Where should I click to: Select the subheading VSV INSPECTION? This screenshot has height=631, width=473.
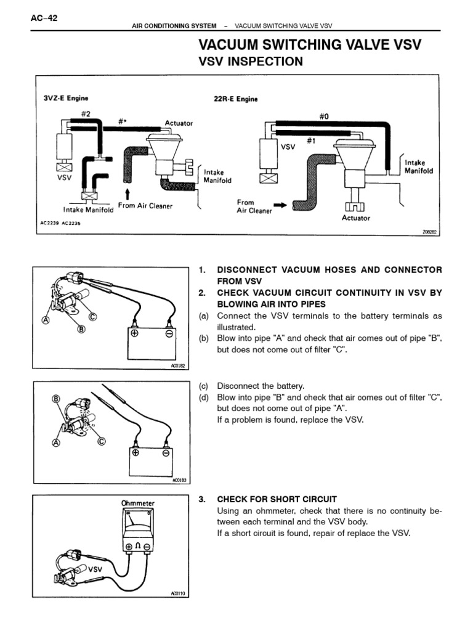249,61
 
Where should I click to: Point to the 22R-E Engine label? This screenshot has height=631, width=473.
236,98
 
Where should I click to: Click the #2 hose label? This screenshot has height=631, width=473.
86,113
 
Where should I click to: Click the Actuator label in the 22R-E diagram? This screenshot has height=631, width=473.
356,218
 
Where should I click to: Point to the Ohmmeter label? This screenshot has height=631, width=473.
138,503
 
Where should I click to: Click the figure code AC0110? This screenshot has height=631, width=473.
177,594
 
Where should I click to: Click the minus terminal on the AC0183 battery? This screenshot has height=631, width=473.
165,453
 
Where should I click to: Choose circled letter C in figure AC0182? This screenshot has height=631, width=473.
93,317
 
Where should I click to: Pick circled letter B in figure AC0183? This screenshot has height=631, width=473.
55,400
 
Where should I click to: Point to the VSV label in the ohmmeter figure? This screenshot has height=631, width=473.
96,569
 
